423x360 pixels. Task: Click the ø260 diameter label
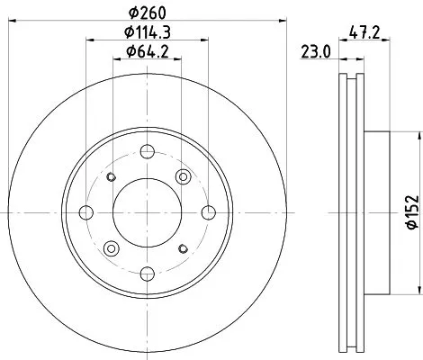(147, 13)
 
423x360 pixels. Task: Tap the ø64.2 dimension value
(147, 52)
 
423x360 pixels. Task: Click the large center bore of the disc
(147, 212)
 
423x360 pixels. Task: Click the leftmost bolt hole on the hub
(86, 212)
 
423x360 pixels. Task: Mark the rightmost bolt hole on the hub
(208, 212)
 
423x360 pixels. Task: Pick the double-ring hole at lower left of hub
(111, 248)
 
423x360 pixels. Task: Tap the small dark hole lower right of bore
(184, 248)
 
